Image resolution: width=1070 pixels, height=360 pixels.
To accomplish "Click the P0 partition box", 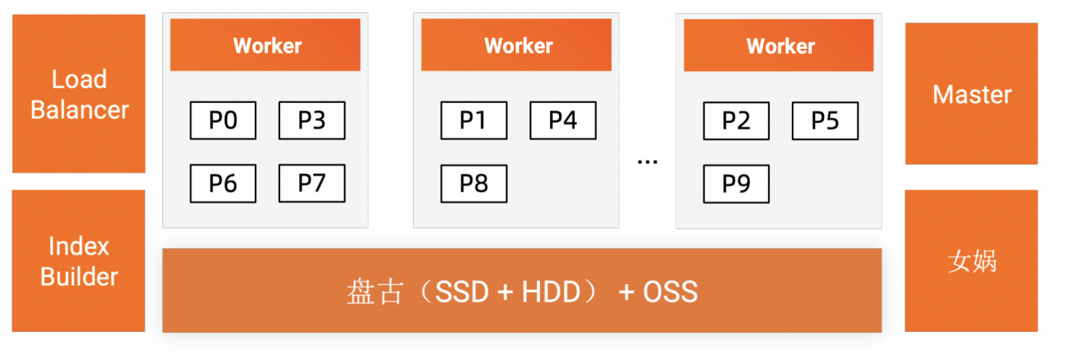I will click(x=223, y=121).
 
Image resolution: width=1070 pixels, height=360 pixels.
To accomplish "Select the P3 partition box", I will click(x=312, y=121).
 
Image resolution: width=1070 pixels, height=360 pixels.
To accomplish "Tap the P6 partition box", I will click(x=223, y=183).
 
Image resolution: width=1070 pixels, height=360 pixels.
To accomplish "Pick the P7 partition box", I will click(x=312, y=183).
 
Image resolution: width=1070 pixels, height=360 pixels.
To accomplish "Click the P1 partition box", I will click(x=474, y=121).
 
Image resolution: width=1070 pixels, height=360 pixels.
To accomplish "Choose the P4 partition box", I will click(x=563, y=121).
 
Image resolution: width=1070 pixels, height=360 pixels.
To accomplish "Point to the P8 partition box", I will click(x=474, y=183).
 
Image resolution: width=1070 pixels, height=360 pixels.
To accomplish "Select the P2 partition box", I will click(x=736, y=121).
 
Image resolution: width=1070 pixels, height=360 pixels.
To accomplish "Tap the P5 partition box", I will click(x=825, y=121).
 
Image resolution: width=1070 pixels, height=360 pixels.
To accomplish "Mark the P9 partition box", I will click(x=736, y=183).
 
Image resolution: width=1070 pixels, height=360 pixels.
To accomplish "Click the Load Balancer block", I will click(x=79, y=94).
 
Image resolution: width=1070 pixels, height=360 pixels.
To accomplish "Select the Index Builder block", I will click(x=79, y=261).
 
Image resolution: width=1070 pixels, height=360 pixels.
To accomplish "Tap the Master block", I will click(x=971, y=94).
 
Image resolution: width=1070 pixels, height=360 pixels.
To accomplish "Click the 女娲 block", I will click(x=971, y=261).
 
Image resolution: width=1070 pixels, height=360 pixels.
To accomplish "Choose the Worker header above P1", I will click(x=516, y=45).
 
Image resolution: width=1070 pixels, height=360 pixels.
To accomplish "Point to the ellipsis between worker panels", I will click(x=647, y=162).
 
